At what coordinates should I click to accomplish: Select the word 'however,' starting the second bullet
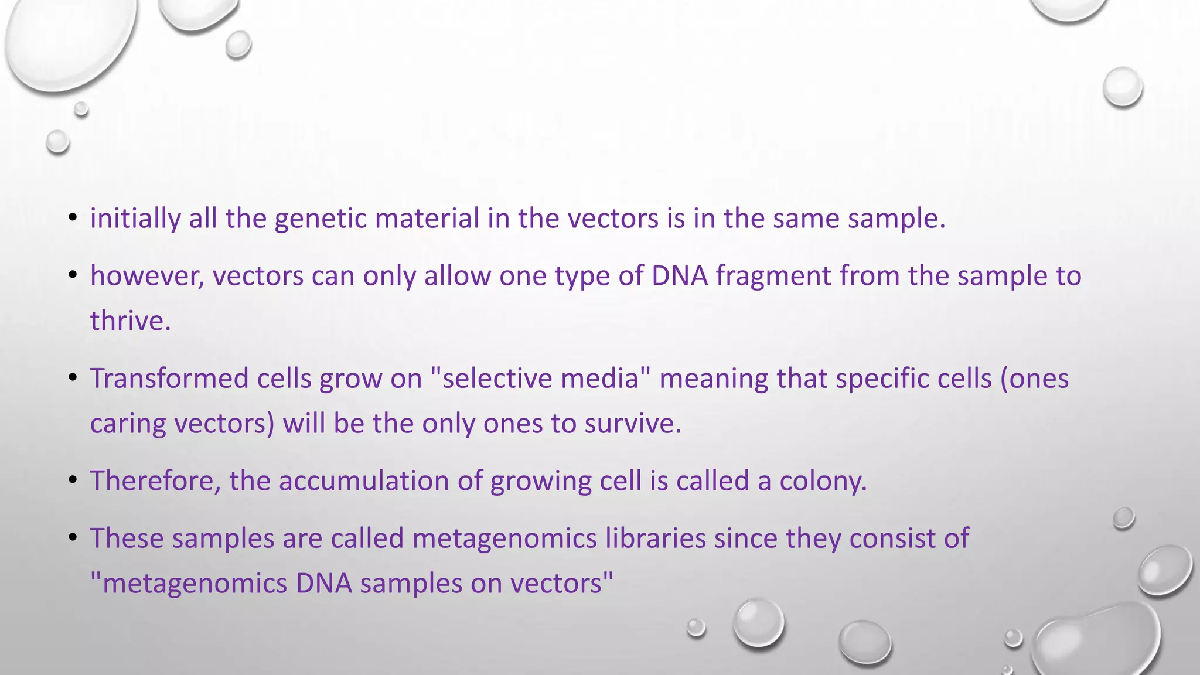tap(147, 276)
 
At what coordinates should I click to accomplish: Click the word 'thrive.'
tap(130, 321)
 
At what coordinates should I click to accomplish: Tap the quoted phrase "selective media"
tap(540, 379)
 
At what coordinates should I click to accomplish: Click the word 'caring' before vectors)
tap(128, 424)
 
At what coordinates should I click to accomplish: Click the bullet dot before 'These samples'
tap(73, 537)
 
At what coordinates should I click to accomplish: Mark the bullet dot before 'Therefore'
tap(73, 480)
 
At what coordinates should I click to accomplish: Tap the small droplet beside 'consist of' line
tap(1123, 518)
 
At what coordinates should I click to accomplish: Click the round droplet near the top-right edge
tap(1122, 87)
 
